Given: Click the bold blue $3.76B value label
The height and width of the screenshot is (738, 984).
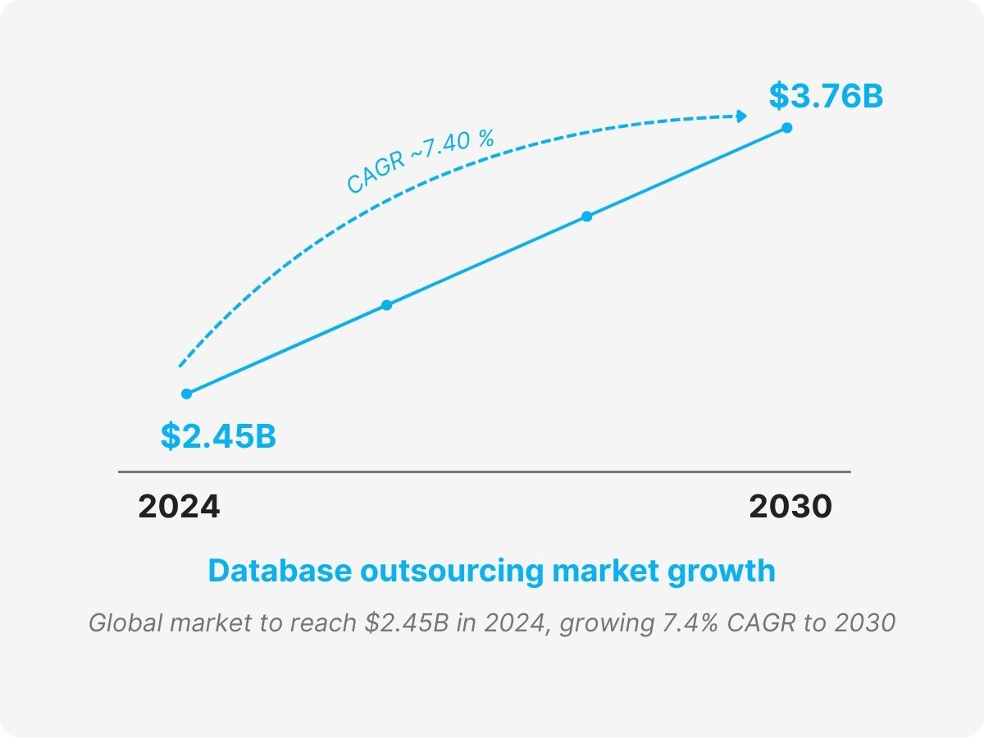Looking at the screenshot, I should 826,96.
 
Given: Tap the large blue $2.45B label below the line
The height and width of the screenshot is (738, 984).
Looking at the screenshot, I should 218,436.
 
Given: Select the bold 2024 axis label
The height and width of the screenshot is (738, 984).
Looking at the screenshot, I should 179,507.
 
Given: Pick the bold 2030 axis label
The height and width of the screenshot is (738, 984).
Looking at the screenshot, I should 790,507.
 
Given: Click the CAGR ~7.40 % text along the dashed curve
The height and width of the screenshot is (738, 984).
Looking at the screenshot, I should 420,162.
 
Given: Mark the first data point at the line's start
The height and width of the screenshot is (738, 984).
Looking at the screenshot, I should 187,394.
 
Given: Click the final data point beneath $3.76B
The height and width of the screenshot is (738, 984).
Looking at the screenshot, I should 787,128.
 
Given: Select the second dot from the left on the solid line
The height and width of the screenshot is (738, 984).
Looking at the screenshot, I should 387,305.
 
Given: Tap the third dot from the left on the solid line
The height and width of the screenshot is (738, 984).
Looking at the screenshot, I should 587,216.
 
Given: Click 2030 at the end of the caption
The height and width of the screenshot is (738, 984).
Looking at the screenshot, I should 865,623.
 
